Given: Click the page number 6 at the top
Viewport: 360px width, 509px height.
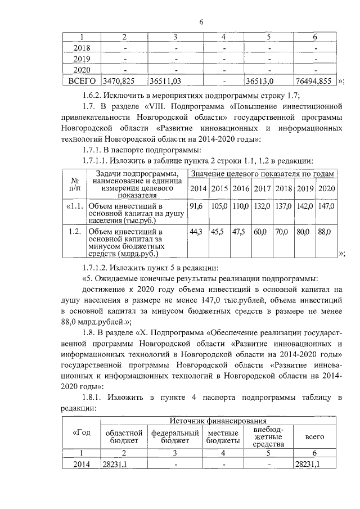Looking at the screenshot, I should click(200, 22).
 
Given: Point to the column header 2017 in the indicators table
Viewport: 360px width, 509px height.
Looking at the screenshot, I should click(262, 188).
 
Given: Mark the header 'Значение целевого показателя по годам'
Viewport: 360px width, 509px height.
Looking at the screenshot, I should click(264, 174).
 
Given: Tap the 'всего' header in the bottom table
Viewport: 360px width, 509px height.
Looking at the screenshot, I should click(314, 436).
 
